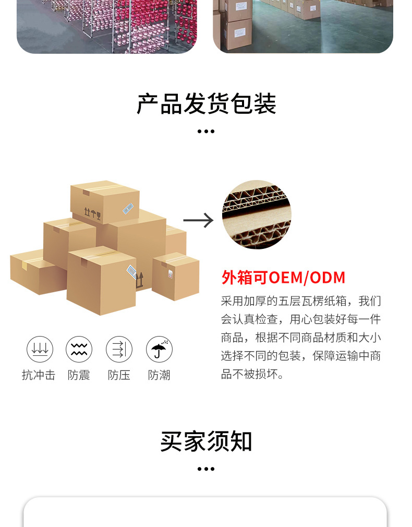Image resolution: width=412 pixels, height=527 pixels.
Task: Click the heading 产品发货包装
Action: tap(206, 104)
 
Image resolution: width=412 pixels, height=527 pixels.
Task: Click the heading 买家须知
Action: tap(206, 441)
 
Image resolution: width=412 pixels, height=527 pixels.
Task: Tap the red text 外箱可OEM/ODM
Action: tap(283, 278)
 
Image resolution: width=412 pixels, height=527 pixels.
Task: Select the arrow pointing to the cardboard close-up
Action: tap(198, 220)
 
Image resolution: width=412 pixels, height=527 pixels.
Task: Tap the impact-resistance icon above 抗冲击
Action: tap(40, 350)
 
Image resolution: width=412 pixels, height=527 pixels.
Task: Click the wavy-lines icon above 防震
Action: tap(79, 350)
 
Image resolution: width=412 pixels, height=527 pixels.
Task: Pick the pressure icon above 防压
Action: tap(119, 350)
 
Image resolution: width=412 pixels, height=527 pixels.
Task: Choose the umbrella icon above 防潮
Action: tap(159, 350)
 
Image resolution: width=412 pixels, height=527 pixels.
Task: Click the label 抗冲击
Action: tap(39, 375)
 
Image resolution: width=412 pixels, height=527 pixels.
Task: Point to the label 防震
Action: tap(79, 375)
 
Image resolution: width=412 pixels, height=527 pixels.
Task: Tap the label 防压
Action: tap(119, 375)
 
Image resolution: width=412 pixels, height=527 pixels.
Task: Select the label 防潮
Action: tap(159, 375)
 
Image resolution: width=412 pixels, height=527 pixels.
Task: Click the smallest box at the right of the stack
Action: tap(176, 276)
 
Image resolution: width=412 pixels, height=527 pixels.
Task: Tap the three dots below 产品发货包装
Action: tap(206, 131)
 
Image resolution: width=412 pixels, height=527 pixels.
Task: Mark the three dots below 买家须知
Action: tap(206, 469)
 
